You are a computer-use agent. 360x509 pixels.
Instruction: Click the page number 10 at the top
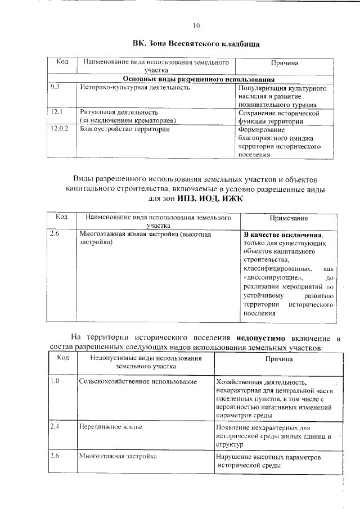196,25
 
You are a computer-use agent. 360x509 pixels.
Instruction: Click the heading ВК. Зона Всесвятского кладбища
196,43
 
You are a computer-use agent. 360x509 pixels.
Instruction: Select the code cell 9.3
55,88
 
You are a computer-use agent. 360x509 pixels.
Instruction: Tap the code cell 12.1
56,112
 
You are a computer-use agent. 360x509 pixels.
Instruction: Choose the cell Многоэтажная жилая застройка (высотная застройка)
145,238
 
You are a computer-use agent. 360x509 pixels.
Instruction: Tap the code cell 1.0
55,382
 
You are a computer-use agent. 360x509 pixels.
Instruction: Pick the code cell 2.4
55,427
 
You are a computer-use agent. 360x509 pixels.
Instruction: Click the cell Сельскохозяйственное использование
138,382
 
